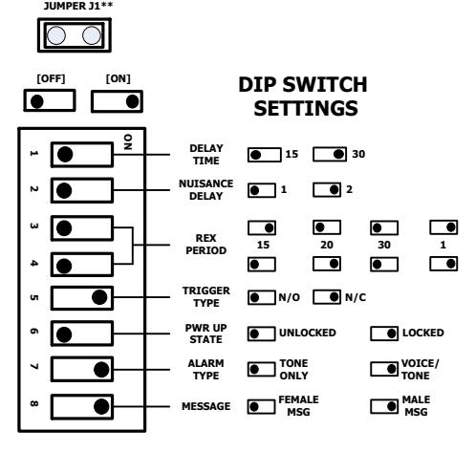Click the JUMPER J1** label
pyautogui.click(x=78, y=6)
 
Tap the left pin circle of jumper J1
pyautogui.click(x=56, y=35)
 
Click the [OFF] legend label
pyautogui.click(x=51, y=78)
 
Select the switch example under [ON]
pyautogui.click(x=117, y=101)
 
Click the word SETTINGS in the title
pyautogui.click(x=306, y=108)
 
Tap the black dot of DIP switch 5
pyautogui.click(x=99, y=297)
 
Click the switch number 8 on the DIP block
pyautogui.click(x=33, y=404)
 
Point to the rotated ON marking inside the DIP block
pyautogui.click(x=128, y=141)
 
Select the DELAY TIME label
pyautogui.click(x=206, y=155)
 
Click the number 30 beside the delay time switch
pyautogui.click(x=358, y=154)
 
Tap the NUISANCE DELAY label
pyautogui.click(x=206, y=190)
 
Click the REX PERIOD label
pyautogui.click(x=206, y=245)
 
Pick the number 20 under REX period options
pyautogui.click(x=327, y=245)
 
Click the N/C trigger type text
pyautogui.click(x=356, y=297)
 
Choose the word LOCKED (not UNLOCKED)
pyautogui.click(x=423, y=333)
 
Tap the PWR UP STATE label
pyautogui.click(x=206, y=334)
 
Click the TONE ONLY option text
pyautogui.click(x=293, y=370)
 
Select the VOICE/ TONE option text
pyautogui.click(x=420, y=370)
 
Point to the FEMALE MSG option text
pyautogui.click(x=298, y=406)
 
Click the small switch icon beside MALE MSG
pyautogui.click(x=384, y=406)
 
